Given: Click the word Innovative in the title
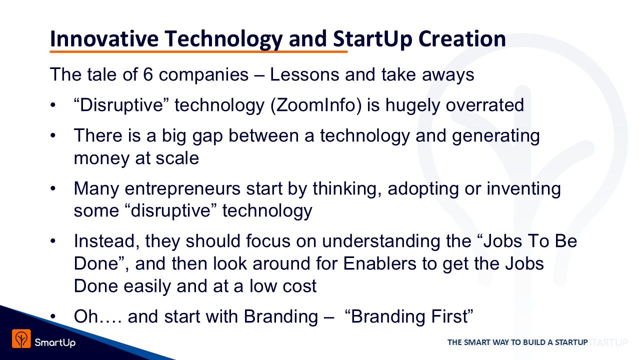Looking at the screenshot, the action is click(104, 39).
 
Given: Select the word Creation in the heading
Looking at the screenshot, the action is click(462, 39).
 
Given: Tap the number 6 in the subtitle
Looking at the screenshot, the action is click(147, 74).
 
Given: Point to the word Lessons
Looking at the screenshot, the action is click(304, 74).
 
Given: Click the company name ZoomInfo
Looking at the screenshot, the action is click(315, 105).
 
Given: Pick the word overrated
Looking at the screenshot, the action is click(485, 105).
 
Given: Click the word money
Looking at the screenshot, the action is click(101, 158).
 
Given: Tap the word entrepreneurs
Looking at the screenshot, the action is click(182, 189).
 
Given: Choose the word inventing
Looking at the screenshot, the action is click(523, 189).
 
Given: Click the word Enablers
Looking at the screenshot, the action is click(379, 263).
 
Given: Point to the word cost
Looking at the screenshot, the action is click(299, 286).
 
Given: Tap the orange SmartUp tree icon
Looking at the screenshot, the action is click(21, 338).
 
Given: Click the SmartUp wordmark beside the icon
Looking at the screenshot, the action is click(55, 342).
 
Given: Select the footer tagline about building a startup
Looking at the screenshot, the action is click(517, 342).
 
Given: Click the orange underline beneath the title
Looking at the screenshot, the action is click(198, 51).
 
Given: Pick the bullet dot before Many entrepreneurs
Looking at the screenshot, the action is click(53, 189).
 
